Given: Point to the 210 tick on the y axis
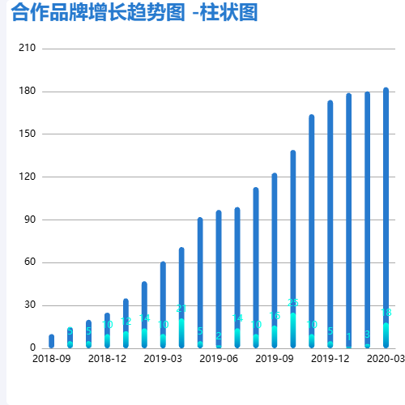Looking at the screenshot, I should [27, 49].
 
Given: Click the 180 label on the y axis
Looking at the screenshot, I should [27, 92].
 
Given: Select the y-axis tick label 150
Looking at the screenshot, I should [27, 134].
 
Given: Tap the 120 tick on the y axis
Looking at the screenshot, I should [27, 177].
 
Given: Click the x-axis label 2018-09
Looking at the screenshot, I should [51, 358].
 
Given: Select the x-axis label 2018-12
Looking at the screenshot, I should [107, 358].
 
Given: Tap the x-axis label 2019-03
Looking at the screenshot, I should [163, 358].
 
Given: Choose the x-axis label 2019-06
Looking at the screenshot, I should [219, 358].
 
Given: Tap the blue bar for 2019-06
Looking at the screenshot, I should [219, 267].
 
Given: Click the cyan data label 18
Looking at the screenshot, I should [386, 313].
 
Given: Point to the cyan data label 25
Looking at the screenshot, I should [293, 303].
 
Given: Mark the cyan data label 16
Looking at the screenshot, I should [275, 316].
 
